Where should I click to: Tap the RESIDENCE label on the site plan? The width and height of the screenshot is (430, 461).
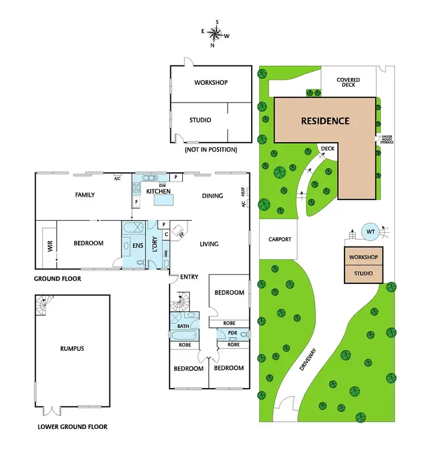(x=325, y=121)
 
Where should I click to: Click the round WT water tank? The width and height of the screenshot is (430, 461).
(x=370, y=233)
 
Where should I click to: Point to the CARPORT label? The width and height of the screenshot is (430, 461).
(x=279, y=239)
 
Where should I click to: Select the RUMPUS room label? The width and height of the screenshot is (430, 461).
(x=72, y=348)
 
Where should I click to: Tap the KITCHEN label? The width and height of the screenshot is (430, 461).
(x=158, y=191)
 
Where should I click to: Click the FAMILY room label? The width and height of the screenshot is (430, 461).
(x=85, y=195)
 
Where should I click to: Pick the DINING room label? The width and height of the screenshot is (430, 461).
(x=212, y=196)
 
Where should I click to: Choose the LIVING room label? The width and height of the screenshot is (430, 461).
(x=209, y=244)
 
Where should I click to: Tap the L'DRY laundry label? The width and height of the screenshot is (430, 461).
(x=154, y=245)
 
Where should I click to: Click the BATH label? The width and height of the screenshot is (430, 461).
(x=183, y=326)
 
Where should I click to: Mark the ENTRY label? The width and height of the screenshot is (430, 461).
(x=189, y=277)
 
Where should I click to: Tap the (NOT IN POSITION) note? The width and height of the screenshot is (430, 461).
(x=210, y=150)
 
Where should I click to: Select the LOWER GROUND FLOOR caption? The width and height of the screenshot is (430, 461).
(x=72, y=427)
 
